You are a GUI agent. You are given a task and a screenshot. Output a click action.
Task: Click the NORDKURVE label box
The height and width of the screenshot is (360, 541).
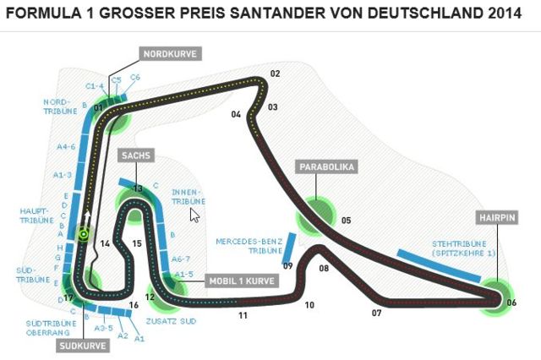tap(170, 54)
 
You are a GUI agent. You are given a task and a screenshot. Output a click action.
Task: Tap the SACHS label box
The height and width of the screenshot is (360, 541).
tap(134, 155)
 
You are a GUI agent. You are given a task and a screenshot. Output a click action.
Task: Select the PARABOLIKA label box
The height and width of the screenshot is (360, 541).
tap(325, 166)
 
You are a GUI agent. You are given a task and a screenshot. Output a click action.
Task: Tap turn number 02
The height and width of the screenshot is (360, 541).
tap(275, 74)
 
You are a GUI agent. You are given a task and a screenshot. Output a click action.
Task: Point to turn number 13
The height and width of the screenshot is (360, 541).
tap(137, 188)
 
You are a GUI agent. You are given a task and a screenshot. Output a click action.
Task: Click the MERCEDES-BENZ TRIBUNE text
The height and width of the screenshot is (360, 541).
tap(248, 245)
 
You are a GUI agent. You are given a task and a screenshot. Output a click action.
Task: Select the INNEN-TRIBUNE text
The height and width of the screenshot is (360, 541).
tap(189, 196)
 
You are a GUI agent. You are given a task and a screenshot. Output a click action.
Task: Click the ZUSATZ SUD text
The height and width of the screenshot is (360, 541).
tap(172, 322)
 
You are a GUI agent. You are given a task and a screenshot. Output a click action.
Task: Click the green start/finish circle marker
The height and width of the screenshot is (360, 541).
tap(85, 234)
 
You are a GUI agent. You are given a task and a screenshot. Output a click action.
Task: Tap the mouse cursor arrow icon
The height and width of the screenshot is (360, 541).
tap(194, 215)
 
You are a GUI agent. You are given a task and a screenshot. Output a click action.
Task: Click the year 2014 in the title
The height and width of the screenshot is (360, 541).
tap(496, 14)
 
